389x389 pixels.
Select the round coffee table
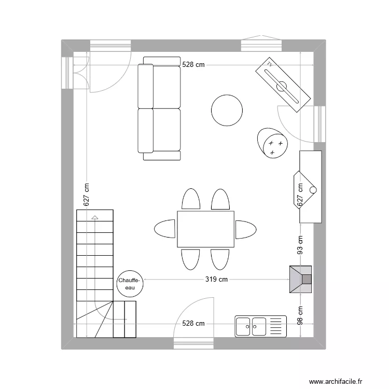coord(227,110)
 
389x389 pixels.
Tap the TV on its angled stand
coord(283,84)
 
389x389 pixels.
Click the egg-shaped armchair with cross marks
coord(273,142)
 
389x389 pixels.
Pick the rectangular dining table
coord(205,229)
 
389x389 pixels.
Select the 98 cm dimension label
coord(300,314)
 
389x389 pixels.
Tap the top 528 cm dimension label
coord(193,65)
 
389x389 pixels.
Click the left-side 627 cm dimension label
coord(87,193)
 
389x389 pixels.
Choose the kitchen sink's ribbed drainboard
coord(276,326)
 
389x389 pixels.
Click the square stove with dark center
coord(301,280)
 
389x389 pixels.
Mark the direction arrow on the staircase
coord(94,218)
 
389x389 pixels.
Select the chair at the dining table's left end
coord(165,229)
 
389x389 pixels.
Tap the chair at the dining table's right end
coord(245,229)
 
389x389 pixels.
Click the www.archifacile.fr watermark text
coord(337,381)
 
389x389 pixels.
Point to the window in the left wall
coord(67,72)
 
